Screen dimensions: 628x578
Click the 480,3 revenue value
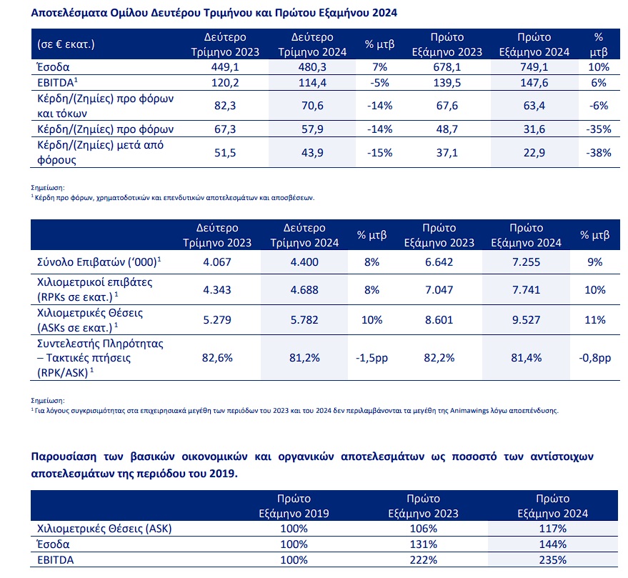tap(312, 67)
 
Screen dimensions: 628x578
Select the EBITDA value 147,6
tap(534, 83)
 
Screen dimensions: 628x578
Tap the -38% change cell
tap(599, 153)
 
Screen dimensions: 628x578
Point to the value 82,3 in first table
tap(224, 106)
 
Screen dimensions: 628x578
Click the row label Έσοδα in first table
tap(54, 67)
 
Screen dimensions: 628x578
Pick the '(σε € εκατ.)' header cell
tap(66, 44)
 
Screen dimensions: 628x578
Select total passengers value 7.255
tap(526, 262)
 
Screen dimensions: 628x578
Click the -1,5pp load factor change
tap(372, 358)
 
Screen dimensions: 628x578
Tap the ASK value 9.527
tap(526, 320)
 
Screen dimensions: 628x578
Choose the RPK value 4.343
tap(216, 290)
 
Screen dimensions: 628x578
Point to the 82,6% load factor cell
tap(217, 358)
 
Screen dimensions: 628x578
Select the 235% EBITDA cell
tap(553, 560)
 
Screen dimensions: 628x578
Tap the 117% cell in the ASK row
tap(553, 529)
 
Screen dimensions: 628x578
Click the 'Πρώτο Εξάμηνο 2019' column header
tap(294, 506)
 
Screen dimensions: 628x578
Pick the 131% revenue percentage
tap(424, 544)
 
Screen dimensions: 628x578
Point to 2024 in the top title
tap(384, 13)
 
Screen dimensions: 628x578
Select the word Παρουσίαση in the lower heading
tap(64, 457)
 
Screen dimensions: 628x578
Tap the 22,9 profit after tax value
tap(534, 153)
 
